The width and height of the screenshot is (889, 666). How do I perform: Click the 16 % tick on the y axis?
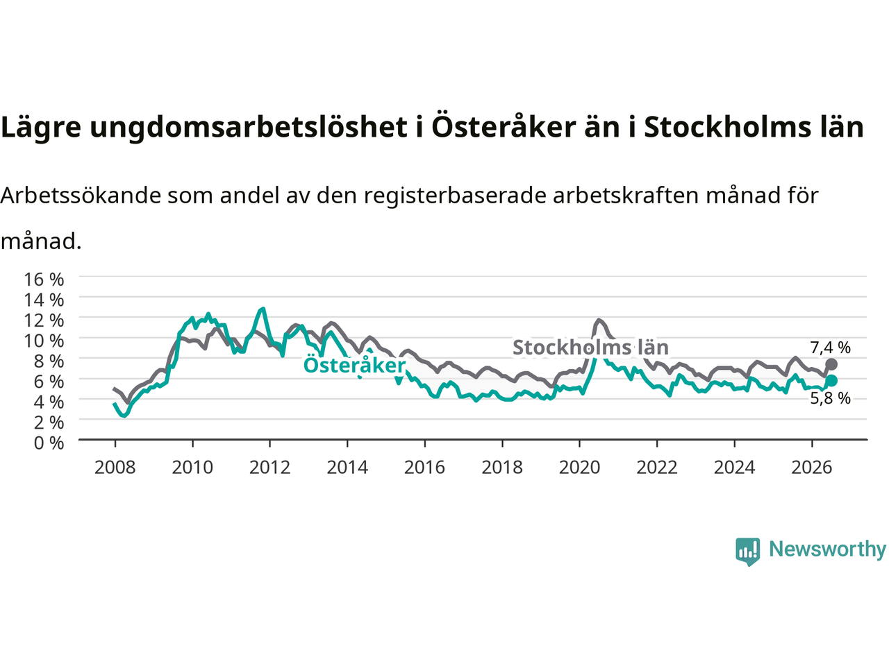[x=44, y=280]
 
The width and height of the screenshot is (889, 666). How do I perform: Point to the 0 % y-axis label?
[x=49, y=443]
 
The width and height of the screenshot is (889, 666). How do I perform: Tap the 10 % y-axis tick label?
[x=44, y=341]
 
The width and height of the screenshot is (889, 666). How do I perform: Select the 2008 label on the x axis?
[x=115, y=468]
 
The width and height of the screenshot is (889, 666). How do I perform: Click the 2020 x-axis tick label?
[x=579, y=468]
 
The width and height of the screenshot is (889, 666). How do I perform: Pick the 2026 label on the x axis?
[x=812, y=468]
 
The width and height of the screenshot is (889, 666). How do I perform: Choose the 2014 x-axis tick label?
[x=347, y=468]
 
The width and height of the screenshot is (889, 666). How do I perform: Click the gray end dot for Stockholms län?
[x=831, y=364]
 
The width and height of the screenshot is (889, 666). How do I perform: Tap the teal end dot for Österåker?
[x=831, y=380]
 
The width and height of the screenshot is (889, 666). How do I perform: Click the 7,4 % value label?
[x=830, y=348]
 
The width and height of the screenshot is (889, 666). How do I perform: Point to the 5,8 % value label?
[x=830, y=398]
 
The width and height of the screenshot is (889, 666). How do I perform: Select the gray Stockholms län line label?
[x=590, y=348]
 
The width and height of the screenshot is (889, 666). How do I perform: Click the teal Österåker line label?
[x=354, y=364]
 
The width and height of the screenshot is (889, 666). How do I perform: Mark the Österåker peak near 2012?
[x=263, y=309]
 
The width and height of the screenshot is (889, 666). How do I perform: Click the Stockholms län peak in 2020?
[x=598, y=320]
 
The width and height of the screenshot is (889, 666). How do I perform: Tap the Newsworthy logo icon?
[x=747, y=552]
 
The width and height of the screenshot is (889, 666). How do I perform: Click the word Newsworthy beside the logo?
[x=827, y=549]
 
